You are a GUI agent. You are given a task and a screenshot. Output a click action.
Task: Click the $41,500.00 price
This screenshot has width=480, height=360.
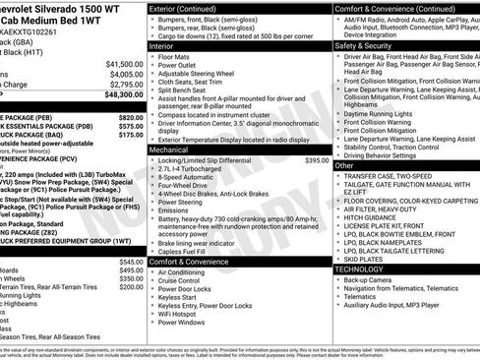(x=121, y=63)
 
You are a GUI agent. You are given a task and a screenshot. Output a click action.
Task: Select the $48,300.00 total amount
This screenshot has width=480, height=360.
(x=121, y=95)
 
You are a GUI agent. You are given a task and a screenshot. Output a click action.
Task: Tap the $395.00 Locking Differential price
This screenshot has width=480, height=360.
(x=317, y=159)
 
